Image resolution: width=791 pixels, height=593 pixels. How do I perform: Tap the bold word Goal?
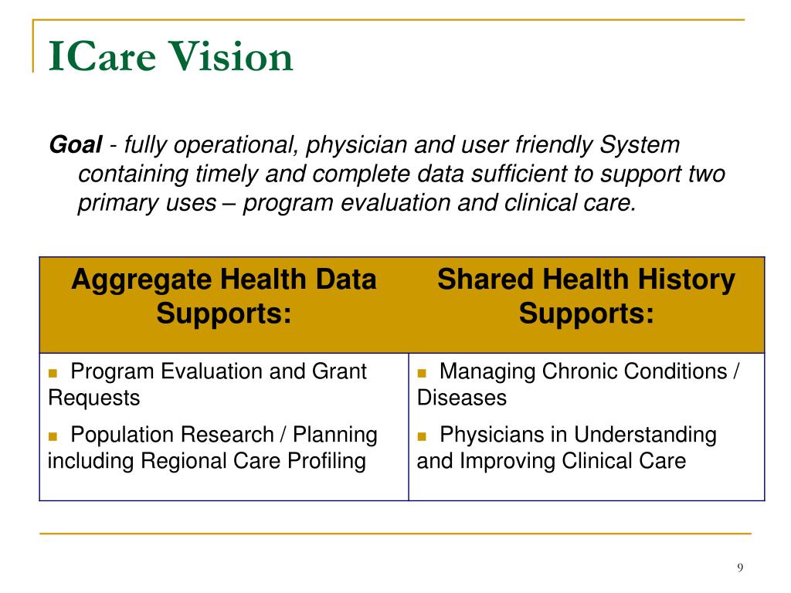tap(76, 144)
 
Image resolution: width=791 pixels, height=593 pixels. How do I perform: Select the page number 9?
tap(740, 568)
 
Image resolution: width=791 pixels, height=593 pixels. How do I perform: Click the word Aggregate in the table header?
tap(137, 280)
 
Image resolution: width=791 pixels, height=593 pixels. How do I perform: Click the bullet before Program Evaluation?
tap(53, 373)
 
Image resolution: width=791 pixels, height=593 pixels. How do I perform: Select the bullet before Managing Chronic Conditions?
tap(423, 373)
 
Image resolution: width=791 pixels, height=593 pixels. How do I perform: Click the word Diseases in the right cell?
tap(462, 398)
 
